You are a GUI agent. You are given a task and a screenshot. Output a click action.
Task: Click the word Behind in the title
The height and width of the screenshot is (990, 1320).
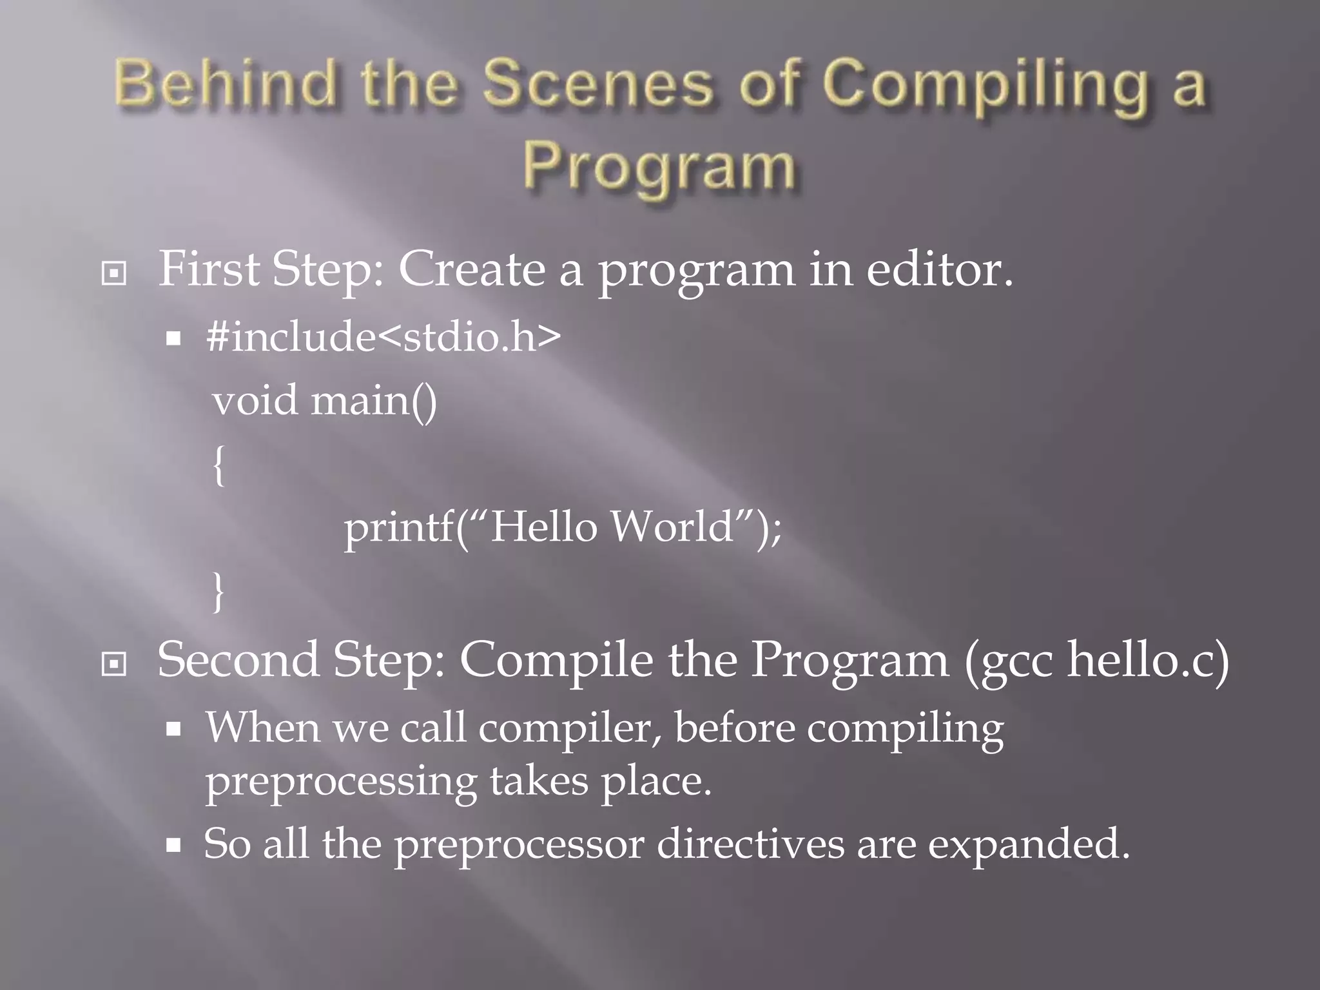click(x=226, y=84)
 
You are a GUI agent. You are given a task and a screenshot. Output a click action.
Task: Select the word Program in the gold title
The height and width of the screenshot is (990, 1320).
click(x=659, y=169)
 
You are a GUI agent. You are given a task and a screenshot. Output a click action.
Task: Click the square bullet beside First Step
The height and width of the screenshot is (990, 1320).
click(x=114, y=274)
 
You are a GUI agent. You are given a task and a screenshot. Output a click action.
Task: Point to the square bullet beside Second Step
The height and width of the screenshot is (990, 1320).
click(x=114, y=664)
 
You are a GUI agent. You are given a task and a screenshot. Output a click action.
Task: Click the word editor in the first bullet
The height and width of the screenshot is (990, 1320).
click(x=938, y=269)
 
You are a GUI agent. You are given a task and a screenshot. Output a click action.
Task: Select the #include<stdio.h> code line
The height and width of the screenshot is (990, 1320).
click(x=383, y=336)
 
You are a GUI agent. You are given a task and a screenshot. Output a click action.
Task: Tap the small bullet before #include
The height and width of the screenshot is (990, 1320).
click(x=173, y=338)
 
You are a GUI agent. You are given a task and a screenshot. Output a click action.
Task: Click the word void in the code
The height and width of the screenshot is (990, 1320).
click(x=255, y=400)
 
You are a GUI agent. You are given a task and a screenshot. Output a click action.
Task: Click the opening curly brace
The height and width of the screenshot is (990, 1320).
click(x=219, y=465)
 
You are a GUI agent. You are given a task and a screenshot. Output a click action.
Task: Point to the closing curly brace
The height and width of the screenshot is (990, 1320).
click(x=219, y=592)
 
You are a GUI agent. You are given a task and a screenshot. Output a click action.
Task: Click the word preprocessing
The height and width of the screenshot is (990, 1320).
click(x=341, y=781)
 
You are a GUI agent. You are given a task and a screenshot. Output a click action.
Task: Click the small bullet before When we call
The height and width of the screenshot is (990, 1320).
click(x=173, y=730)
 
